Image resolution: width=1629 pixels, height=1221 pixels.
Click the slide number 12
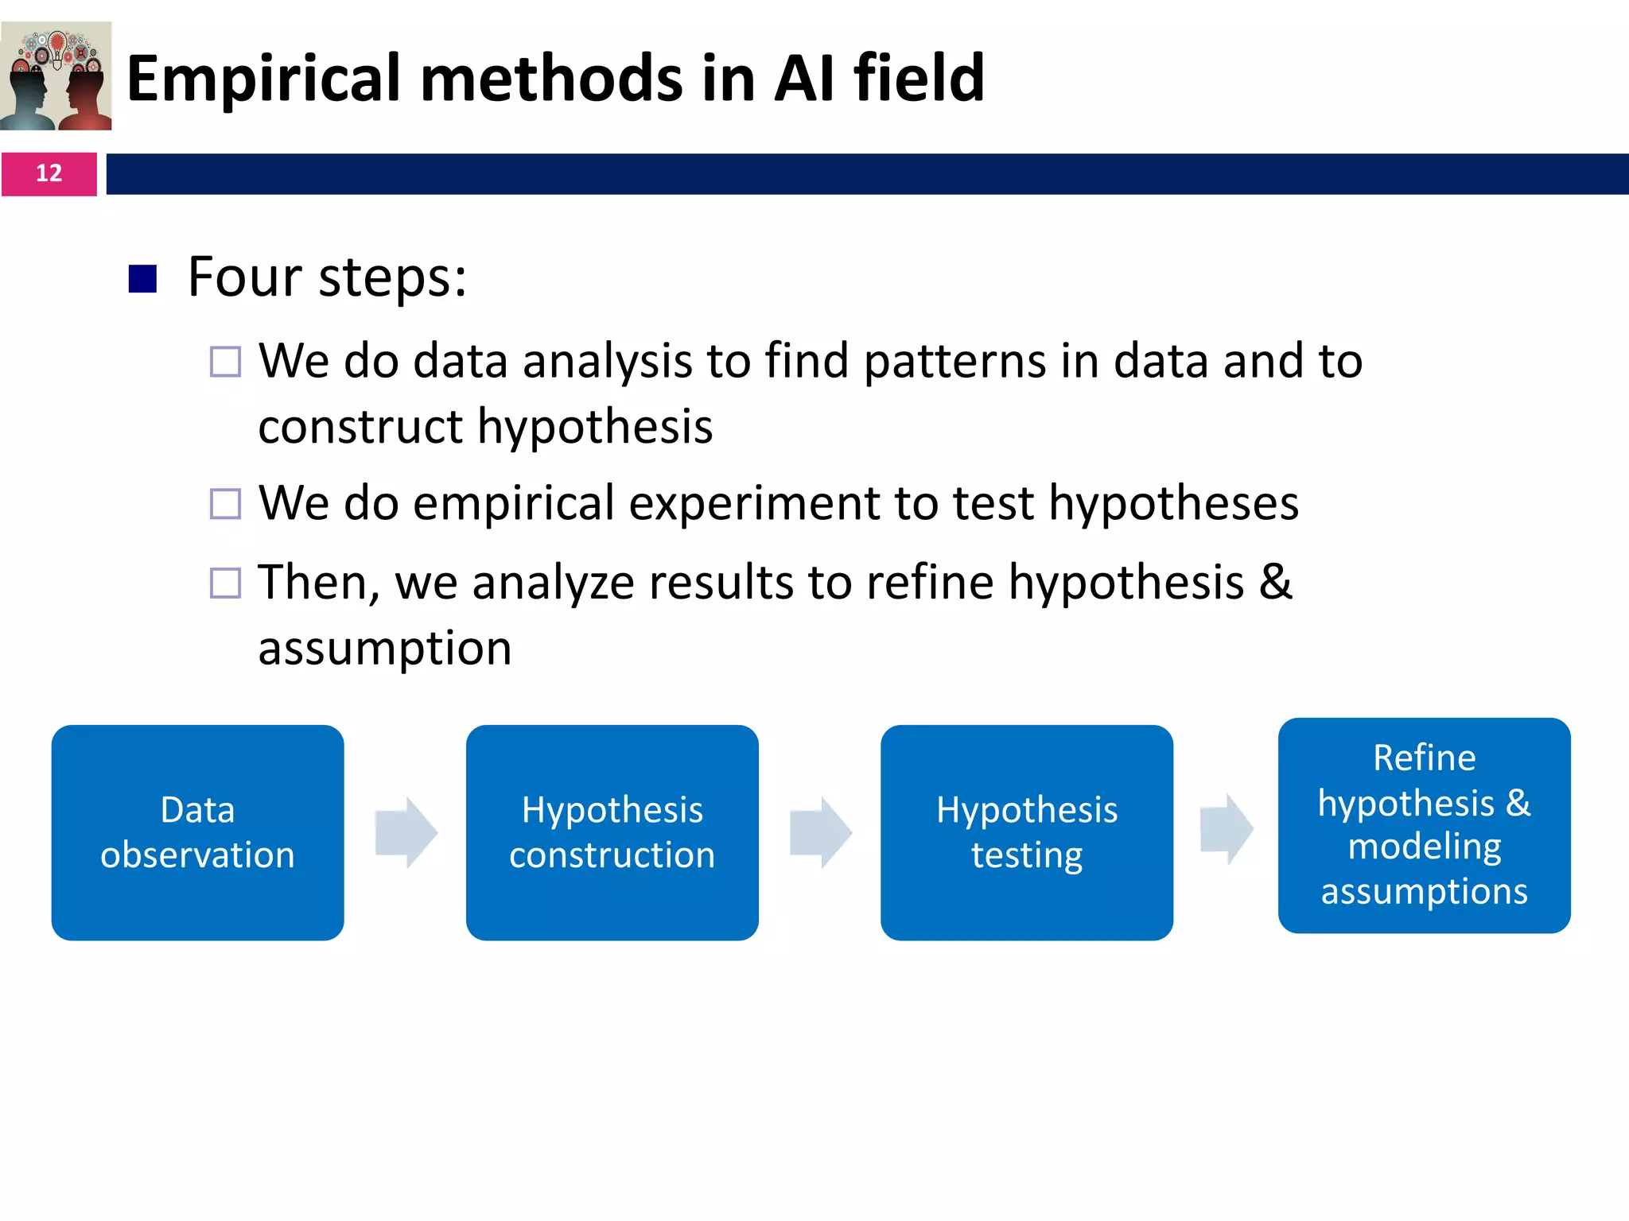(x=49, y=173)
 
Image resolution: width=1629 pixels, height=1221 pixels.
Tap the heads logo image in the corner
(x=56, y=76)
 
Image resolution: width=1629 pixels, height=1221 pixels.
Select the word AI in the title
(x=804, y=79)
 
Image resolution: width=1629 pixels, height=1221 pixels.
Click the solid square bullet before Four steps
(x=142, y=279)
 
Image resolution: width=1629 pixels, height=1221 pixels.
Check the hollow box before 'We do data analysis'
(x=225, y=362)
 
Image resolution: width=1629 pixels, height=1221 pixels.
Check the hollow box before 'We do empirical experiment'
(x=225, y=504)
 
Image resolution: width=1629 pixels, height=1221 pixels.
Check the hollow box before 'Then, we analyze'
(x=225, y=583)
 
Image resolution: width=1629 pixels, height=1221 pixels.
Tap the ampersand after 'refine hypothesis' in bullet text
(x=1275, y=582)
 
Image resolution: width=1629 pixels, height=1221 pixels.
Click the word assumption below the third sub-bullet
(x=384, y=648)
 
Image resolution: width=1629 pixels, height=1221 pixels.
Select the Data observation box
(x=197, y=832)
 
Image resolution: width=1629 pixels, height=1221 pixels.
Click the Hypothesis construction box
(x=612, y=832)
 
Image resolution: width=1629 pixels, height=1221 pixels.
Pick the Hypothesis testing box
(x=1026, y=832)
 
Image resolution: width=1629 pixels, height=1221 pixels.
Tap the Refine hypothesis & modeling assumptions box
(x=1424, y=825)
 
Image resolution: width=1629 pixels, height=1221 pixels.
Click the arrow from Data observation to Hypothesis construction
(x=406, y=832)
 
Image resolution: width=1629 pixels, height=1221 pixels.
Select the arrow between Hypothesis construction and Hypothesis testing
(x=821, y=832)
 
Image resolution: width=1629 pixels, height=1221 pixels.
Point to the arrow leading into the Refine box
(x=1227, y=829)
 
